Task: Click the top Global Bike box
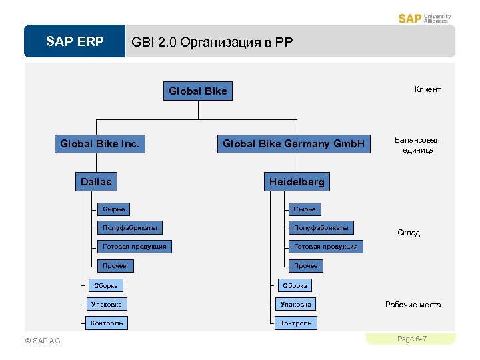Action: point(198,91)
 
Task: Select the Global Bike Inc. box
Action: point(100,143)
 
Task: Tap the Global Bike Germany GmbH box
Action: point(294,143)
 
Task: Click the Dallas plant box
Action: point(97,181)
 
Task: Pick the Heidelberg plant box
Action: point(297,181)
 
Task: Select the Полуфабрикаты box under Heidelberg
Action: point(321,228)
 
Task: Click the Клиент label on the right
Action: point(427,89)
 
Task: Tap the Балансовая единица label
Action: point(417,145)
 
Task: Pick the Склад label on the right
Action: point(409,233)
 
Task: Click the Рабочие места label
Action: point(413,305)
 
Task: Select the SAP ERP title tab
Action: point(75,42)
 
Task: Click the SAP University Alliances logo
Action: point(424,18)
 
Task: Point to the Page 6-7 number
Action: point(411,339)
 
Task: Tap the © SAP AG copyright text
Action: point(42,341)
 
